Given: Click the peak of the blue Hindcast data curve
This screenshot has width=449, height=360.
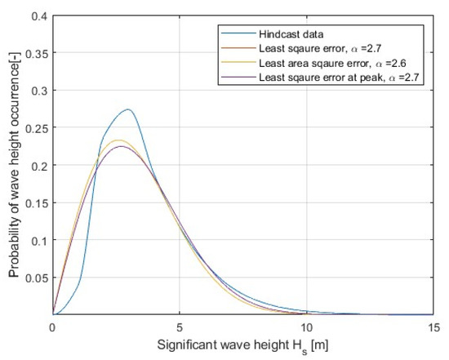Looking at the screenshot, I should (127, 109).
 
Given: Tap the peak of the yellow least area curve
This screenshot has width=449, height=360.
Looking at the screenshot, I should (119, 140).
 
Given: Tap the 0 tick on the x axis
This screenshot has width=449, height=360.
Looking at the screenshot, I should (53, 326).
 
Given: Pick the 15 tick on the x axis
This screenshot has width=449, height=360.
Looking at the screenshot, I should (433, 326).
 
